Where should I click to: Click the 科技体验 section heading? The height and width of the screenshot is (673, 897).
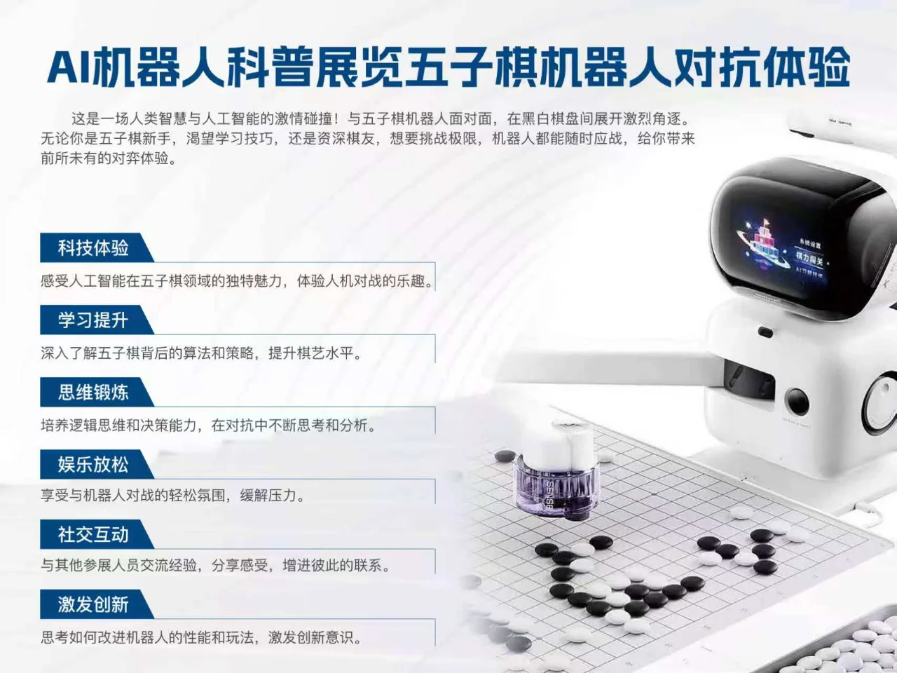[x=93, y=247]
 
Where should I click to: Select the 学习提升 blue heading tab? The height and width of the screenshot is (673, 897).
[x=93, y=320]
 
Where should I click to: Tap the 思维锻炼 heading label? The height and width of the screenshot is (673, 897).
[x=93, y=393]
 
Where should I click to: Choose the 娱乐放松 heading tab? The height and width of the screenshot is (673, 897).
[x=93, y=465]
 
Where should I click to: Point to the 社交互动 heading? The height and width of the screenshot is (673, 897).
[x=93, y=535]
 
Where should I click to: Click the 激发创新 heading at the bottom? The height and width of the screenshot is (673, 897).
[x=93, y=604]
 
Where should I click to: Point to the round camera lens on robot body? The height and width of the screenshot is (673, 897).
[x=797, y=402]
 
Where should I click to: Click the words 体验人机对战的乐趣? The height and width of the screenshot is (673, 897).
[x=364, y=281]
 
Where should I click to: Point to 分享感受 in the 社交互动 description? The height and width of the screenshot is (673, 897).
[x=240, y=566]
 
